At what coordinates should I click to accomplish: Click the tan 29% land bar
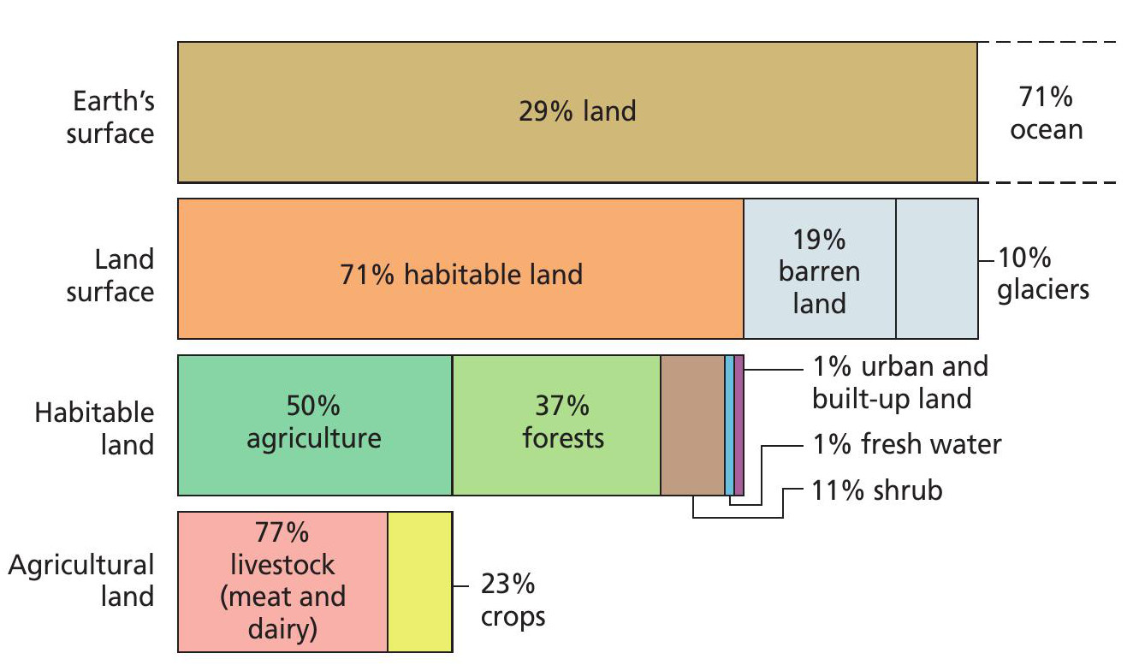tap(577, 112)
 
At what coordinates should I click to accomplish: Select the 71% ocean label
tap(1046, 113)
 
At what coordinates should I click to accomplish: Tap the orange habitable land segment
tap(460, 269)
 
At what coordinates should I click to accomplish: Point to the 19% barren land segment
tap(820, 269)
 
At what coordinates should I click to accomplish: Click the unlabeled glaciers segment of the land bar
tap(937, 269)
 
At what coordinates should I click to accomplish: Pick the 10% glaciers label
tap(1043, 274)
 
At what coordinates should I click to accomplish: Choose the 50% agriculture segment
tap(315, 425)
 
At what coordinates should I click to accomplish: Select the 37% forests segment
tap(556, 425)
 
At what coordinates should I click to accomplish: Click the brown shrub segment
tap(692, 425)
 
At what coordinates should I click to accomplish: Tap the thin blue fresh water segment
tap(730, 425)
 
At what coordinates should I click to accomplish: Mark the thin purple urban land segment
tap(739, 425)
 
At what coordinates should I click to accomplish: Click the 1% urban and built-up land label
tap(900, 383)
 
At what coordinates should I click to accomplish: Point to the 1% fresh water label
tap(907, 444)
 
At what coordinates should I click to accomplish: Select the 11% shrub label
tap(877, 490)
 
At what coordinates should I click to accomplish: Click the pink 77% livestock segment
tap(282, 582)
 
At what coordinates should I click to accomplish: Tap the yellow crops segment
tap(420, 582)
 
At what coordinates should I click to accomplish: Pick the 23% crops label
tap(513, 600)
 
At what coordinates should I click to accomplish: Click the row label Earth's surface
tap(110, 117)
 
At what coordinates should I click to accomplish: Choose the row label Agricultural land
tap(81, 580)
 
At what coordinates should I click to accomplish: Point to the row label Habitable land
tap(95, 428)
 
